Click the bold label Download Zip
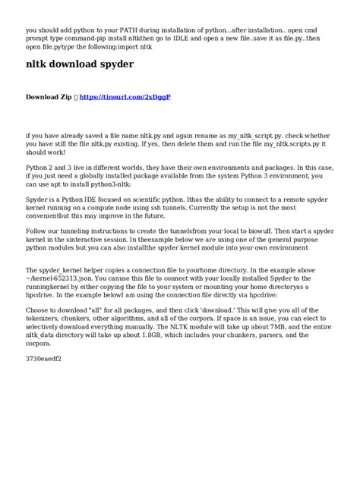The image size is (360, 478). (50, 98)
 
